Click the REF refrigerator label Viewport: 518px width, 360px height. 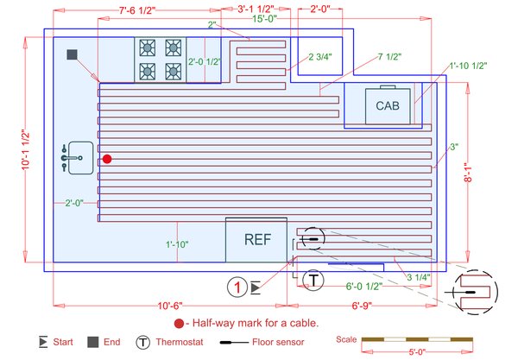pyautogui.click(x=256, y=240)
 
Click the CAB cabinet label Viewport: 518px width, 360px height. pyautogui.click(x=386, y=105)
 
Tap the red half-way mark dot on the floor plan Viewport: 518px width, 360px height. pyautogui.click(x=107, y=159)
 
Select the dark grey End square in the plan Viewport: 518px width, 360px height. pyautogui.click(x=73, y=54)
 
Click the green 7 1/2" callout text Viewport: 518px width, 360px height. pyautogui.click(x=390, y=58)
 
